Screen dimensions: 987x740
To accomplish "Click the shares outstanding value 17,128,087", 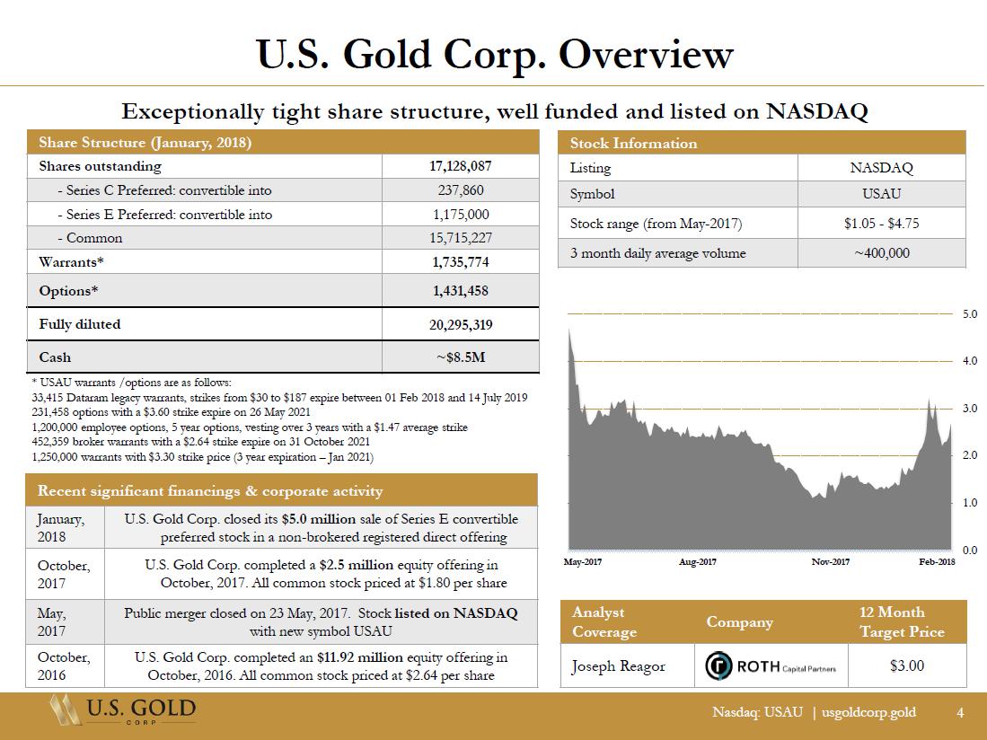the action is (x=460, y=166).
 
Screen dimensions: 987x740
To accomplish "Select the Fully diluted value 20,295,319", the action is (x=460, y=325).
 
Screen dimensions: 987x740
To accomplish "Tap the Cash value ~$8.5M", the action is (x=461, y=357).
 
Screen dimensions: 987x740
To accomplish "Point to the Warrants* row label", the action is (x=71, y=261).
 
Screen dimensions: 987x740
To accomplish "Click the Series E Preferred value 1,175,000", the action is (x=461, y=215).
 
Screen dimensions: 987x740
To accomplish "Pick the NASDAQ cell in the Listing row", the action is (x=881, y=168).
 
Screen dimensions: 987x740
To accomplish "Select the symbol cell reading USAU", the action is (x=881, y=194).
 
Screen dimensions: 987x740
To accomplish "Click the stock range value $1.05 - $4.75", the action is (x=881, y=224).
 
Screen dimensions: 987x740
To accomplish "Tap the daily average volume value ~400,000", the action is (x=881, y=253).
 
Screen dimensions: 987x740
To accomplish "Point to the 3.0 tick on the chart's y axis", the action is (x=970, y=409).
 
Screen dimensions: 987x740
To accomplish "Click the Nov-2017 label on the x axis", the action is (x=830, y=561).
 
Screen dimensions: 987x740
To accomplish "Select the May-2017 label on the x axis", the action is (x=582, y=561).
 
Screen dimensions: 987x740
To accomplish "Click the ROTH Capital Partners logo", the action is (x=771, y=665).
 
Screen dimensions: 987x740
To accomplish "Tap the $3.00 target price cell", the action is (x=907, y=665).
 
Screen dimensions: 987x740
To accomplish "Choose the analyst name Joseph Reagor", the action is (x=618, y=666).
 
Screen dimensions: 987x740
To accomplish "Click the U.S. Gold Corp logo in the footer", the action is (x=123, y=710).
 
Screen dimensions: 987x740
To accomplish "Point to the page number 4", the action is (x=960, y=712).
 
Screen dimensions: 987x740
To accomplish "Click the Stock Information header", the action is (x=633, y=144).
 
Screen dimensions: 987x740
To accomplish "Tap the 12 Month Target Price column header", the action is (x=902, y=621).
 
